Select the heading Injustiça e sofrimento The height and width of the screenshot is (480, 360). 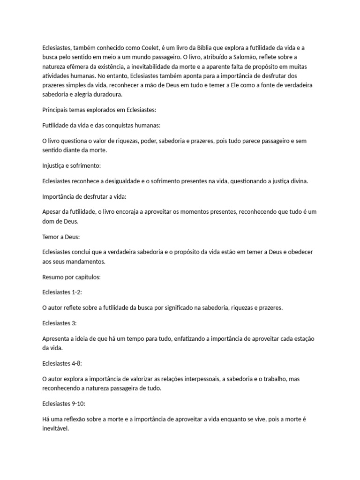(71, 166)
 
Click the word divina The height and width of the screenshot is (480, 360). (298, 181)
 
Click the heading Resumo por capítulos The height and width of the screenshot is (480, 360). (71, 277)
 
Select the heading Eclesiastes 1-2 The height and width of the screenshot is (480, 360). (62, 292)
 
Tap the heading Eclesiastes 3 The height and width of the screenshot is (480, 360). (59, 323)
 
